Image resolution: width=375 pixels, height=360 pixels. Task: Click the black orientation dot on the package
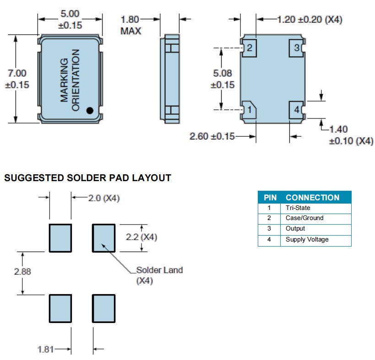click(90, 110)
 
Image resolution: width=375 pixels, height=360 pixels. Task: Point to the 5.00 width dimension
click(70, 15)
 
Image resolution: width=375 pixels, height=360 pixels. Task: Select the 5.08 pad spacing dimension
click(223, 73)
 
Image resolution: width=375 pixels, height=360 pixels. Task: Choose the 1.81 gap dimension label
click(46, 349)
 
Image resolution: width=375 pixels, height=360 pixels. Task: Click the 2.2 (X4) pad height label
click(141, 237)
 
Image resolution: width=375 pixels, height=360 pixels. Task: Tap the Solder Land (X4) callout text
click(159, 275)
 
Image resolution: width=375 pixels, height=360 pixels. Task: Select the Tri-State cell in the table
click(298, 208)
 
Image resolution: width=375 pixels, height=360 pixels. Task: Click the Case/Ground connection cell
click(304, 218)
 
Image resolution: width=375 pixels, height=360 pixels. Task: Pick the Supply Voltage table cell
click(307, 239)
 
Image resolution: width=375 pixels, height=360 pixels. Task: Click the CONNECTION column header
click(312, 198)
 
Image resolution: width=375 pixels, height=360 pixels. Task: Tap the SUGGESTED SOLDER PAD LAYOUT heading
click(87, 178)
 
